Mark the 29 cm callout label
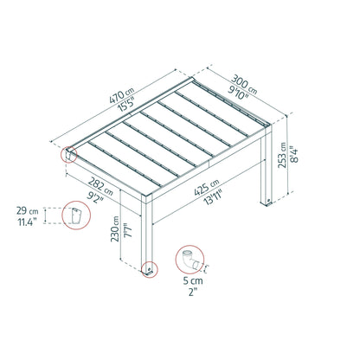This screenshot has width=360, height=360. [x=29, y=211]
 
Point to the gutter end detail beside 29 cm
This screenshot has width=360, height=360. [x=75, y=216]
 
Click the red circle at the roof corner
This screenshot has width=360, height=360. [x=67, y=157]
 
